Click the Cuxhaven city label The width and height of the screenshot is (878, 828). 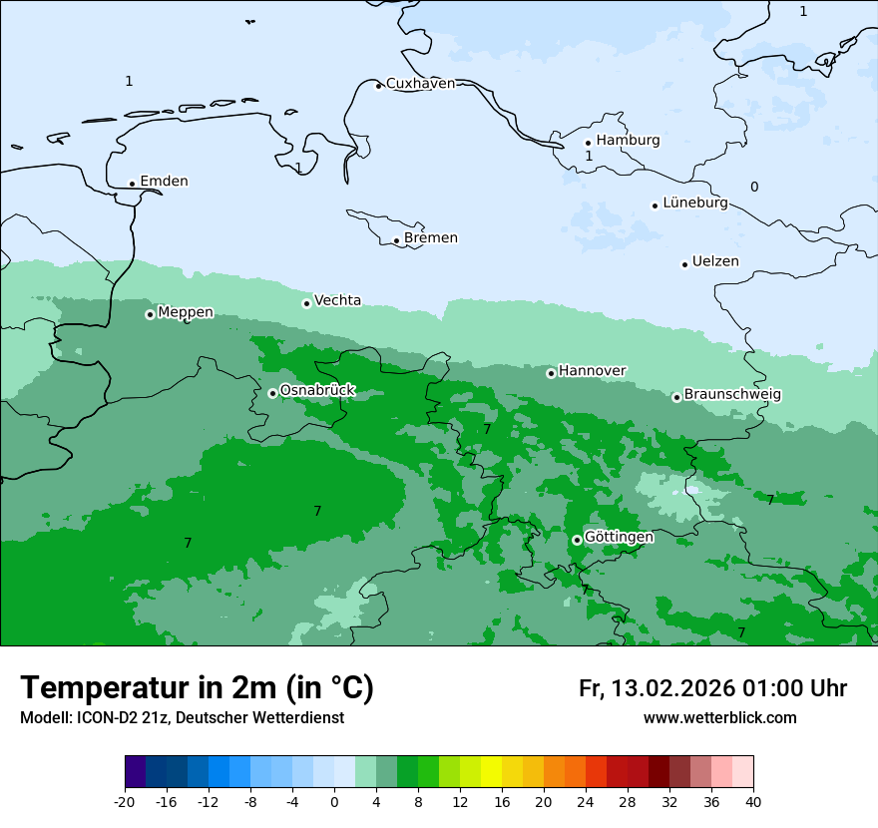420,84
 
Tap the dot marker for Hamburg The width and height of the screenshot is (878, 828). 588,143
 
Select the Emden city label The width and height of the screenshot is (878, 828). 164,182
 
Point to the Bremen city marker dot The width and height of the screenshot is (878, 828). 396,240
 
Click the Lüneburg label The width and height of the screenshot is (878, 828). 694,204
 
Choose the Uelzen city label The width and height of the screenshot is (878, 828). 715,262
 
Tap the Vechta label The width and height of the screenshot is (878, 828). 337,300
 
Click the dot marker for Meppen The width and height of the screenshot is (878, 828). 150,314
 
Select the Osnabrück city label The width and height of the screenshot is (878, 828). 317,391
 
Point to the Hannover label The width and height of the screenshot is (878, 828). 592,371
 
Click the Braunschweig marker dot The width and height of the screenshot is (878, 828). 675,397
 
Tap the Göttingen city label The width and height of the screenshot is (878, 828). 619,537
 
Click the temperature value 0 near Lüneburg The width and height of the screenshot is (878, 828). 754,188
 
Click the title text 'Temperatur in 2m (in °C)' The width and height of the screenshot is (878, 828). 197,688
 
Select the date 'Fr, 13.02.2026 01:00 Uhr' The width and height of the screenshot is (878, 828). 712,689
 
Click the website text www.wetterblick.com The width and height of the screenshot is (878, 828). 719,718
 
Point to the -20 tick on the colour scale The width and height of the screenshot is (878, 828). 125,801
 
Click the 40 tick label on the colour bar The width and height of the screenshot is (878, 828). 752,801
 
